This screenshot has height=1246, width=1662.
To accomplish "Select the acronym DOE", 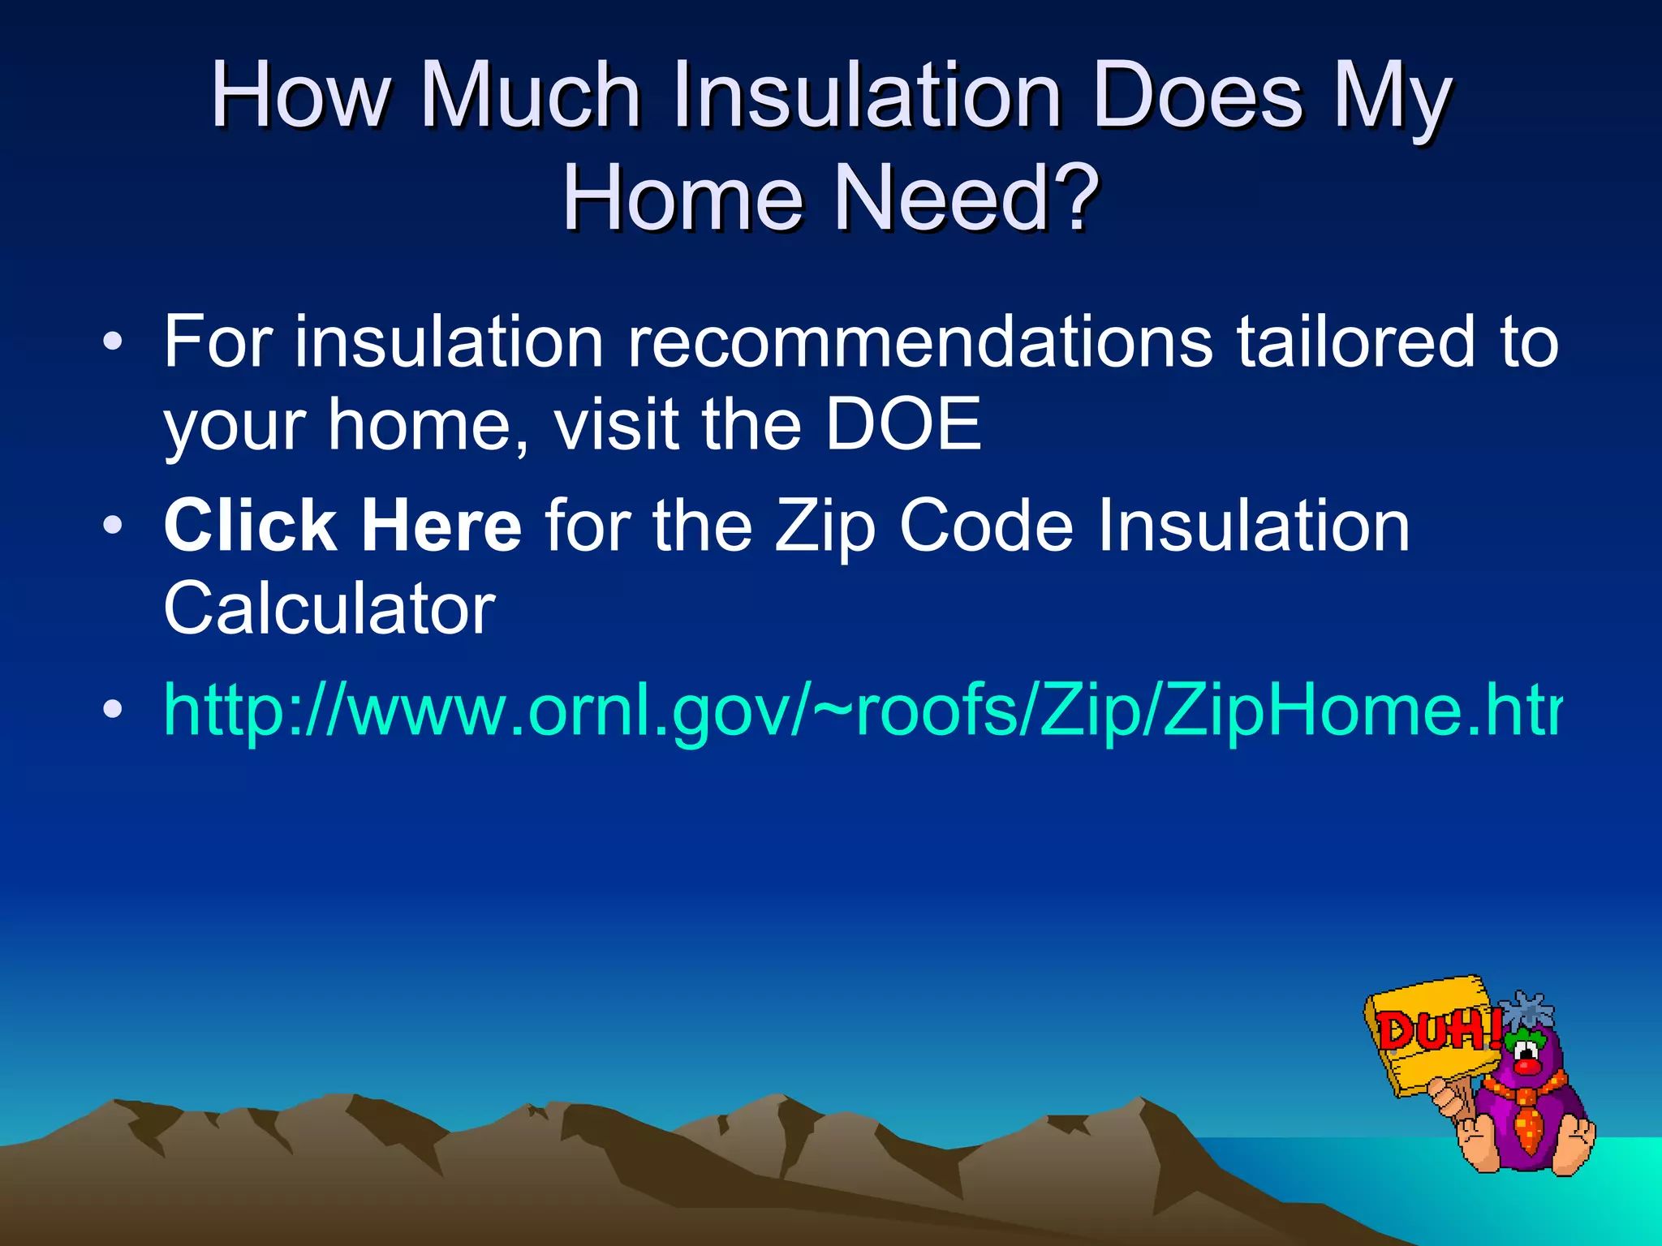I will pos(902,424).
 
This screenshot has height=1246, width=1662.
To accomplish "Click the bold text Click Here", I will pos(342,526).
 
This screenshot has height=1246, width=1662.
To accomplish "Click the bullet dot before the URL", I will pos(113,709).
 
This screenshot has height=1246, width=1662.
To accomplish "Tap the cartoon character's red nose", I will pos(1527,1064).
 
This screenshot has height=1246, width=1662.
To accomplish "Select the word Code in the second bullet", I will pos(986,526).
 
